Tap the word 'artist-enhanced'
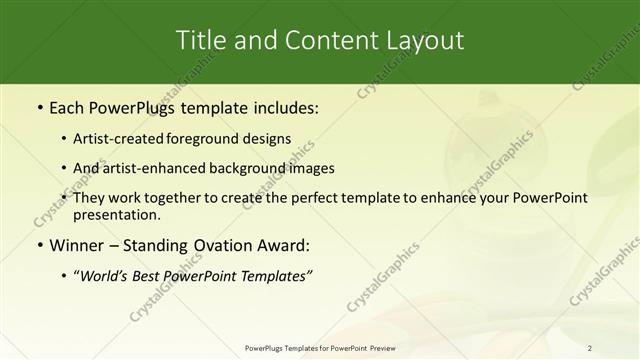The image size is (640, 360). pyautogui.click(x=157, y=168)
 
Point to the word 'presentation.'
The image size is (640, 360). pyautogui.click(x=117, y=215)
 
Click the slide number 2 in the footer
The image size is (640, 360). pyautogui.click(x=590, y=348)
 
